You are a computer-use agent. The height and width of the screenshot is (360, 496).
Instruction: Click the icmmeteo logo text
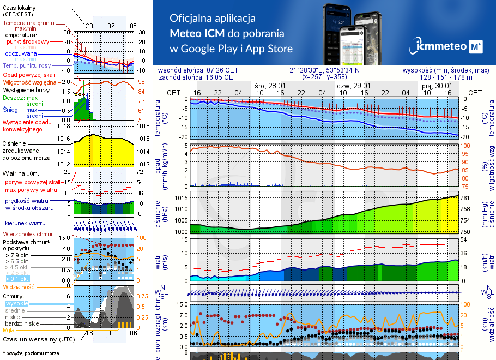click(x=440, y=47)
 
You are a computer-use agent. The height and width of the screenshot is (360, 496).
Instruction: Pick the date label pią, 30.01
click(x=437, y=86)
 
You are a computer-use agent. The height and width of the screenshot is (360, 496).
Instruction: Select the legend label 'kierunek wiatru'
click(x=25, y=224)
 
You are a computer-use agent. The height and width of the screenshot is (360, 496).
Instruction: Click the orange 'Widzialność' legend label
click(x=19, y=286)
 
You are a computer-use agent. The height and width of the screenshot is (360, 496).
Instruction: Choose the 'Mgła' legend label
click(x=9, y=330)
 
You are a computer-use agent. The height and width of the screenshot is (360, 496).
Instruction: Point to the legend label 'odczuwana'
click(x=21, y=53)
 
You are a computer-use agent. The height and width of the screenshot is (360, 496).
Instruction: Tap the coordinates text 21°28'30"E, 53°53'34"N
click(x=324, y=70)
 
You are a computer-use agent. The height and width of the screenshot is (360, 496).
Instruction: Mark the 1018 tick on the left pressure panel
click(x=64, y=127)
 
